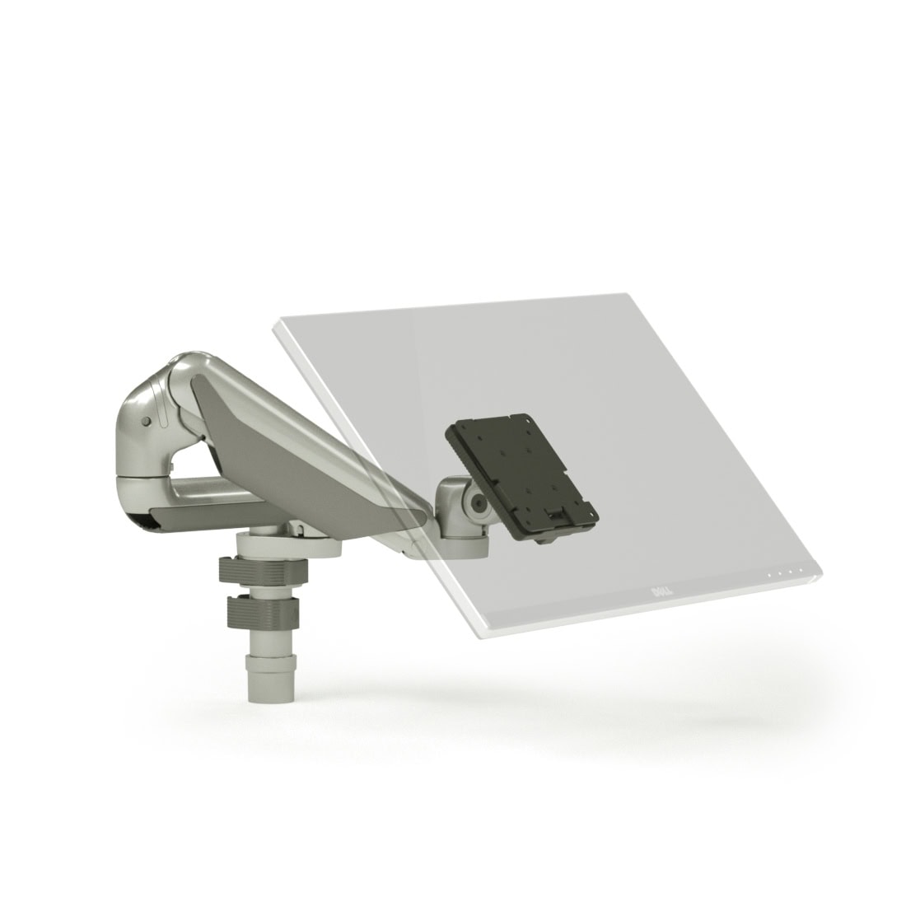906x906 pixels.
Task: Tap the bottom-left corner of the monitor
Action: (x=480, y=635)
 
